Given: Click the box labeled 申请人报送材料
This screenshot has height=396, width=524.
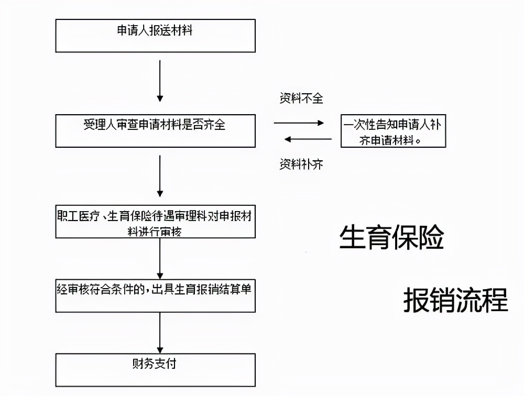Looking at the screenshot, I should pyautogui.click(x=155, y=36).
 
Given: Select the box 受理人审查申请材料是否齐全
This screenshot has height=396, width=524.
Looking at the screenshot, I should pyautogui.click(x=155, y=130).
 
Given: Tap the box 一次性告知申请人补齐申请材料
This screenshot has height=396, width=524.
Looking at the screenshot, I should pyautogui.click(x=393, y=131).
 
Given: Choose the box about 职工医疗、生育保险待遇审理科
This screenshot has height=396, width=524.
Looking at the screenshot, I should pyautogui.click(x=155, y=221).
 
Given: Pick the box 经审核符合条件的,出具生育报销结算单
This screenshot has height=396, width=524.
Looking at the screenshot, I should pyautogui.click(x=155, y=295).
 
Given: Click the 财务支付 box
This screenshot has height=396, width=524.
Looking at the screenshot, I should pyautogui.click(x=155, y=370).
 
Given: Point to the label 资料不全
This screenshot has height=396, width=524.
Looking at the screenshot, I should pyautogui.click(x=301, y=98).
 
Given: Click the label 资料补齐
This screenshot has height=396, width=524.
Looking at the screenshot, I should pyautogui.click(x=301, y=164).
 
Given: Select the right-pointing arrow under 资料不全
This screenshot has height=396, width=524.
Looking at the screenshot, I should pyautogui.click(x=299, y=123).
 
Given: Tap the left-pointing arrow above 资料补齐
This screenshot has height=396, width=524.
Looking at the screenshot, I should pyautogui.click(x=308, y=139).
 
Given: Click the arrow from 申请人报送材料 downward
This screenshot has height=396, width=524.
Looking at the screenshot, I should pyautogui.click(x=160, y=81).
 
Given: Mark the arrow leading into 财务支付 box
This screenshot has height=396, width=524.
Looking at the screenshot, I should pyautogui.click(x=160, y=333).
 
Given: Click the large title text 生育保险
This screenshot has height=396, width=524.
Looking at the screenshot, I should pyautogui.click(x=392, y=238).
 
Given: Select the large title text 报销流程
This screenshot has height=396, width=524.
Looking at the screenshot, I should pyautogui.click(x=455, y=300).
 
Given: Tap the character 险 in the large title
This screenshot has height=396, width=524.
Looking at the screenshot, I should pyautogui.click(x=431, y=238).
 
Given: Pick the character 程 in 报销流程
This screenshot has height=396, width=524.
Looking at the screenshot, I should pyautogui.click(x=495, y=300).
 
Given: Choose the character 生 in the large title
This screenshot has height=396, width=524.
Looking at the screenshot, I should pyautogui.click(x=353, y=238).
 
